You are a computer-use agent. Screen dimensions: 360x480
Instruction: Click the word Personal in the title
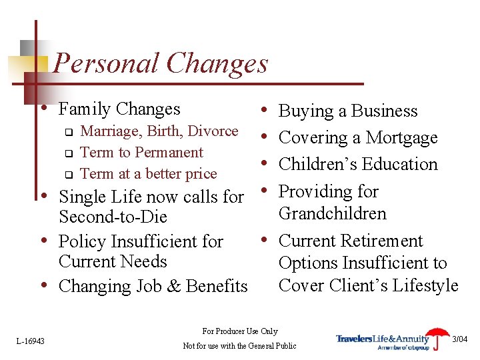point(106,64)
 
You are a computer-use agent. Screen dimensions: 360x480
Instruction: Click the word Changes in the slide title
point(217,64)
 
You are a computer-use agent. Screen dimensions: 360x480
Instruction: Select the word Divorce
point(214,131)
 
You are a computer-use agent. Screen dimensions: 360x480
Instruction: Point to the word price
point(201,174)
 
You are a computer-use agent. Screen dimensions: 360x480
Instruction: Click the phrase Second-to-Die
point(113,217)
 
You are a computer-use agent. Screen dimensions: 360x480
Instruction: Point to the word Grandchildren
point(332,214)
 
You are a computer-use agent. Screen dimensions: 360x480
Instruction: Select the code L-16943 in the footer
point(31,341)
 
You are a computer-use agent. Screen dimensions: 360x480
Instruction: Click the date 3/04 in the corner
point(460,339)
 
